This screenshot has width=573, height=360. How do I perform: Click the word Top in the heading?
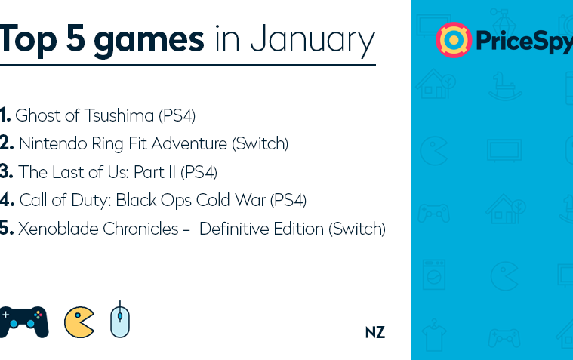(x=28, y=39)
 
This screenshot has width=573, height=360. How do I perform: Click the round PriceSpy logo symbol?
(x=454, y=40)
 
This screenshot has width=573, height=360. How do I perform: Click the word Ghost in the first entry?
(x=38, y=115)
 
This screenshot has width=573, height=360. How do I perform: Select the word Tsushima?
(x=119, y=115)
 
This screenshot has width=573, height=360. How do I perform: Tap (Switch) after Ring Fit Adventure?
(x=260, y=143)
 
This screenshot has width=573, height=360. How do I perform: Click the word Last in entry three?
(x=68, y=172)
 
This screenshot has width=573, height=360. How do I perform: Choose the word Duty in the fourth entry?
(x=91, y=201)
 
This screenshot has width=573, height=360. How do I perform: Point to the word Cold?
(x=213, y=200)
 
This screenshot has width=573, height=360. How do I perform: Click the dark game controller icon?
(x=23, y=322)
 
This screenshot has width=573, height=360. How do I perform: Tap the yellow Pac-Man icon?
(x=79, y=322)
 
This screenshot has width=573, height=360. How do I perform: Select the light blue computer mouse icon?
(x=120, y=321)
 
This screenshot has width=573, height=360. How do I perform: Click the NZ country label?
(x=375, y=333)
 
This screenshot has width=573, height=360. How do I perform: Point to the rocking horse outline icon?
(x=505, y=87)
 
